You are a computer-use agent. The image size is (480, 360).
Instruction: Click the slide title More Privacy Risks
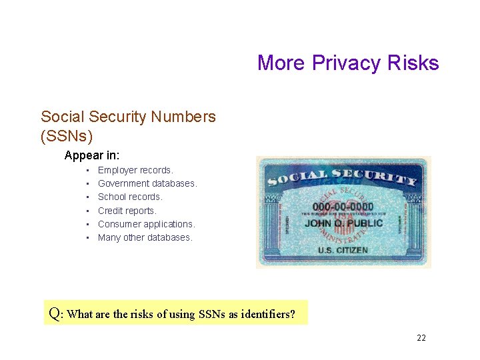pos(348,63)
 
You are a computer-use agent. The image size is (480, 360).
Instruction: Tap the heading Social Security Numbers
pos(128,117)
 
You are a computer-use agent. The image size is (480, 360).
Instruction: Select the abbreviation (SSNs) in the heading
pos(67,136)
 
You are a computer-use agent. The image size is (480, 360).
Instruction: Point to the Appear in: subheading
pos(92,155)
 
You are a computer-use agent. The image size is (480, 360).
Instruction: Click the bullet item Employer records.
pos(135,170)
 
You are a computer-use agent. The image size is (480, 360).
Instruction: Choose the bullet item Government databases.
pos(147,183)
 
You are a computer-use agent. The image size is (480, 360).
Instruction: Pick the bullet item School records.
pos(130,197)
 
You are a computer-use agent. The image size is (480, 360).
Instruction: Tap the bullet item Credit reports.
pos(127,211)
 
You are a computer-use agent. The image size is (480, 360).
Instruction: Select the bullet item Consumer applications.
pos(146,224)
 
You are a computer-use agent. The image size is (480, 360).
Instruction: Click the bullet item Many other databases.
pos(145,237)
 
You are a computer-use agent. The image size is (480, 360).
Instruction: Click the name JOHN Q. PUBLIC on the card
pos(344,223)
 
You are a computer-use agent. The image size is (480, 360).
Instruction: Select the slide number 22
pos(421,338)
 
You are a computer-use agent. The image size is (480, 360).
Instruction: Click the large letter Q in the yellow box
pos(55,313)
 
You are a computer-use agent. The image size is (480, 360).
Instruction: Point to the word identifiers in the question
pos(268,314)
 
